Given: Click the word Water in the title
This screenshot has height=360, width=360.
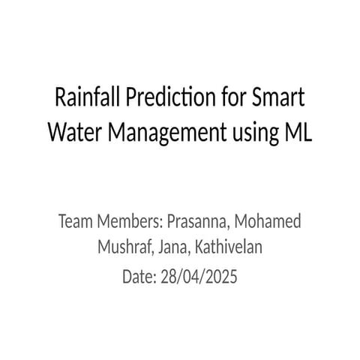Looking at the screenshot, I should click(72, 131).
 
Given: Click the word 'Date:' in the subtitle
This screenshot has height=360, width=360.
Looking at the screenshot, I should click(138, 277).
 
